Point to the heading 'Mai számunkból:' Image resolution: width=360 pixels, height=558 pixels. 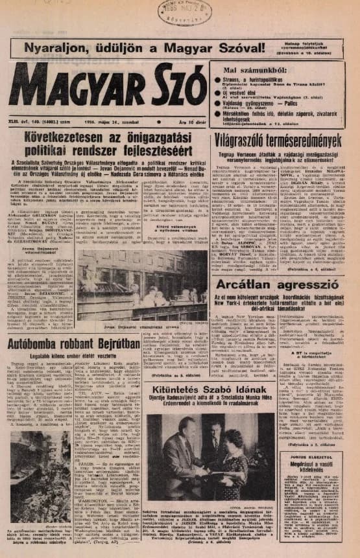(250, 69)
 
